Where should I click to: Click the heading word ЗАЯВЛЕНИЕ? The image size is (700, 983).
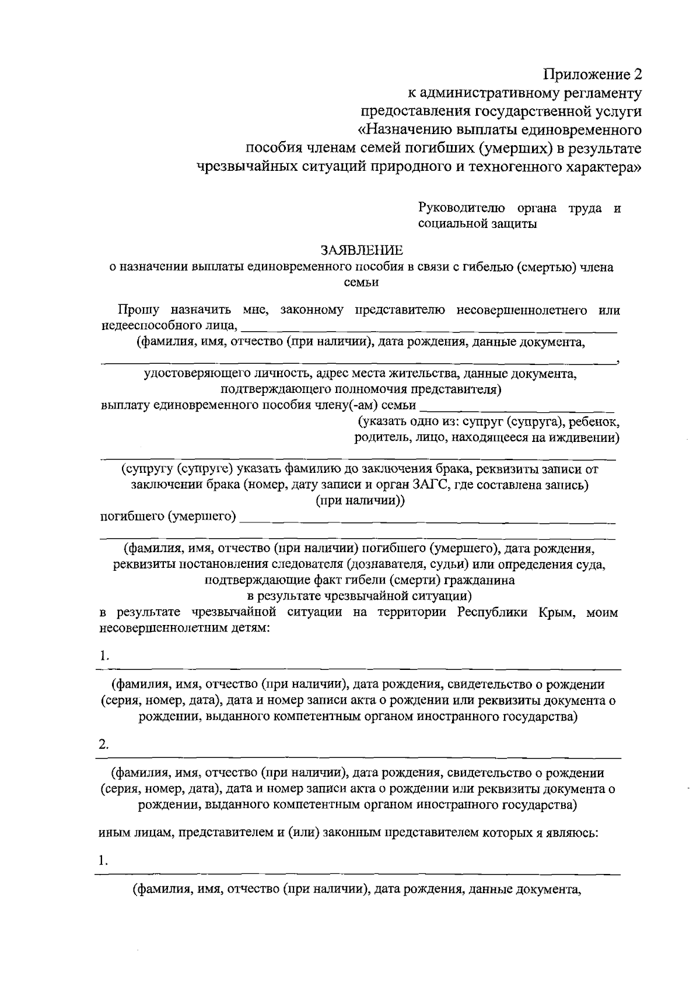pyautogui.click(x=362, y=251)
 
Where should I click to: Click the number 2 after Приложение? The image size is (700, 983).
pyautogui.click(x=637, y=75)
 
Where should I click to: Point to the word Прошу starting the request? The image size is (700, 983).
pyautogui.click(x=135, y=310)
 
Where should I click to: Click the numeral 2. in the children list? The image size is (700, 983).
pyautogui.click(x=104, y=745)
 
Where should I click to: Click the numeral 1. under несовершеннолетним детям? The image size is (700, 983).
pyautogui.click(x=104, y=656)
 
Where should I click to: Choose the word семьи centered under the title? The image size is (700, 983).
pyautogui.click(x=362, y=282)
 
